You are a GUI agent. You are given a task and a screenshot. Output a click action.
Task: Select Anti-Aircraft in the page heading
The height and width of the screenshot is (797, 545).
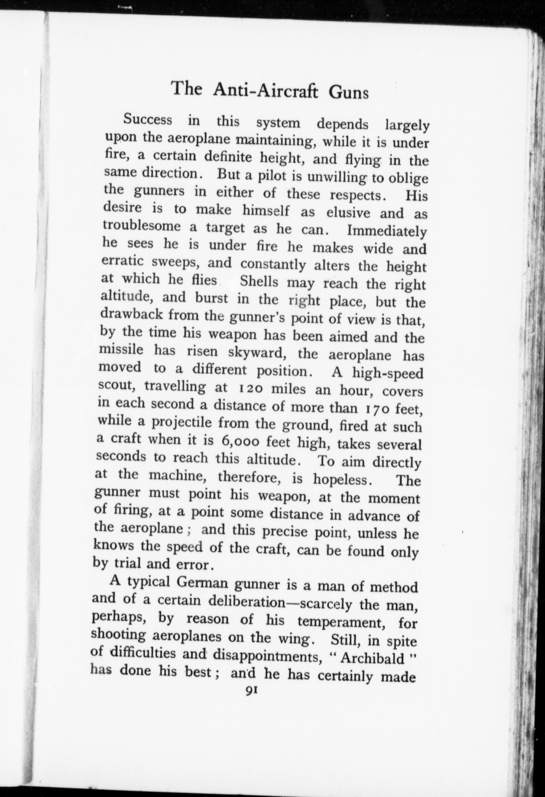coord(265,90)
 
